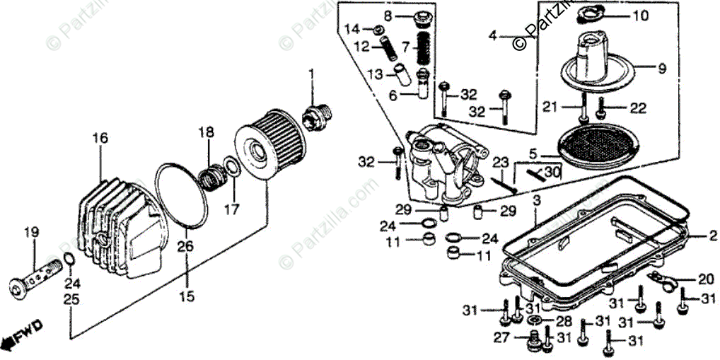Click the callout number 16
point(100,137)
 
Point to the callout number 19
point(32,232)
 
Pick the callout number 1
point(310,73)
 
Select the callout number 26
point(185,246)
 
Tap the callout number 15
point(185,297)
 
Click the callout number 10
point(639,16)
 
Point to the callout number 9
point(661,69)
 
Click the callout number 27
point(501,338)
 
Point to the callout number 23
point(501,162)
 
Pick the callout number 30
point(552,172)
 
